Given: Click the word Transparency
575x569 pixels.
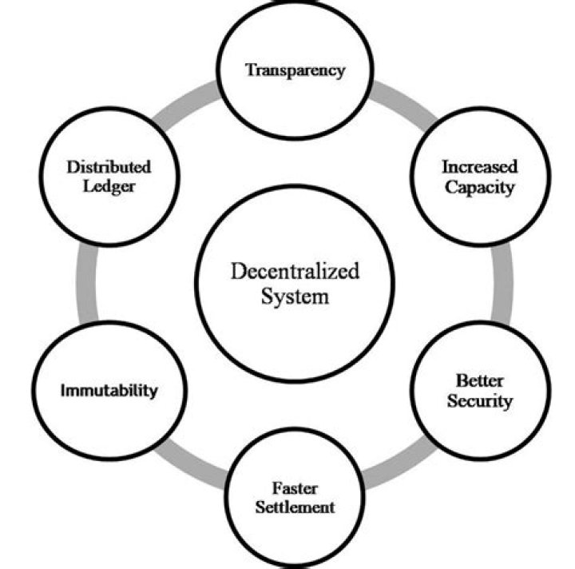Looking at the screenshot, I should point(295,70).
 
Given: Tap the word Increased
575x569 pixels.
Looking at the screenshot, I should point(479,167).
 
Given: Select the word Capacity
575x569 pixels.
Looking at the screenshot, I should point(479,188).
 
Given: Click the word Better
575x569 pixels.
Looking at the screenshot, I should point(479,380).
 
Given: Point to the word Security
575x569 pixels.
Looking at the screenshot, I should point(479,400).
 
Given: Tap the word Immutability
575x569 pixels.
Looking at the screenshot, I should point(109,391).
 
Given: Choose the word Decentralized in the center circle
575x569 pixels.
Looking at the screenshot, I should point(295,270).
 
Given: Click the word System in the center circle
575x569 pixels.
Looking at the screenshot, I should point(295,297).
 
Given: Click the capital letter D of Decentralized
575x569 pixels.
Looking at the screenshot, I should point(238,270).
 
